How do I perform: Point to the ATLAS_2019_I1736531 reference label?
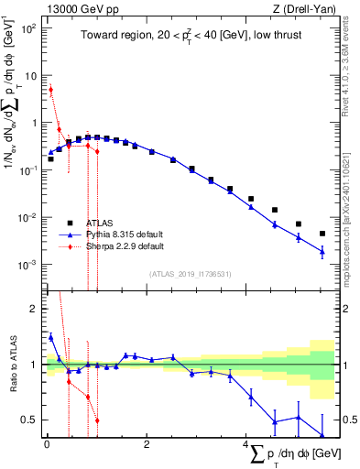point(189,274)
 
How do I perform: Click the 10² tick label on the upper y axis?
point(28,27)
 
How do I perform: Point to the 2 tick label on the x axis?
point(147,446)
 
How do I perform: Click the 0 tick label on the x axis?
point(47,446)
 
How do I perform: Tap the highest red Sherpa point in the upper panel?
point(51,90)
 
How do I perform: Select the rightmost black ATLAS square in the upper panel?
point(322,234)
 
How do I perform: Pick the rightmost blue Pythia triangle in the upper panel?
point(322,252)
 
